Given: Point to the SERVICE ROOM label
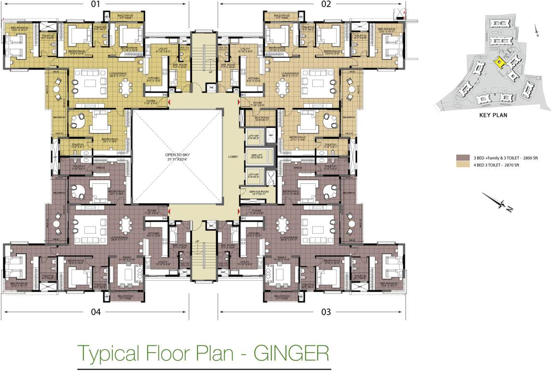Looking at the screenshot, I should click(x=258, y=192).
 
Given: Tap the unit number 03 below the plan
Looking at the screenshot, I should click(x=326, y=312).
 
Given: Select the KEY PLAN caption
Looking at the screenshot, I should click(x=493, y=115).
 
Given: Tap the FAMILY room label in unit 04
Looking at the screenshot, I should click(x=127, y=257).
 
